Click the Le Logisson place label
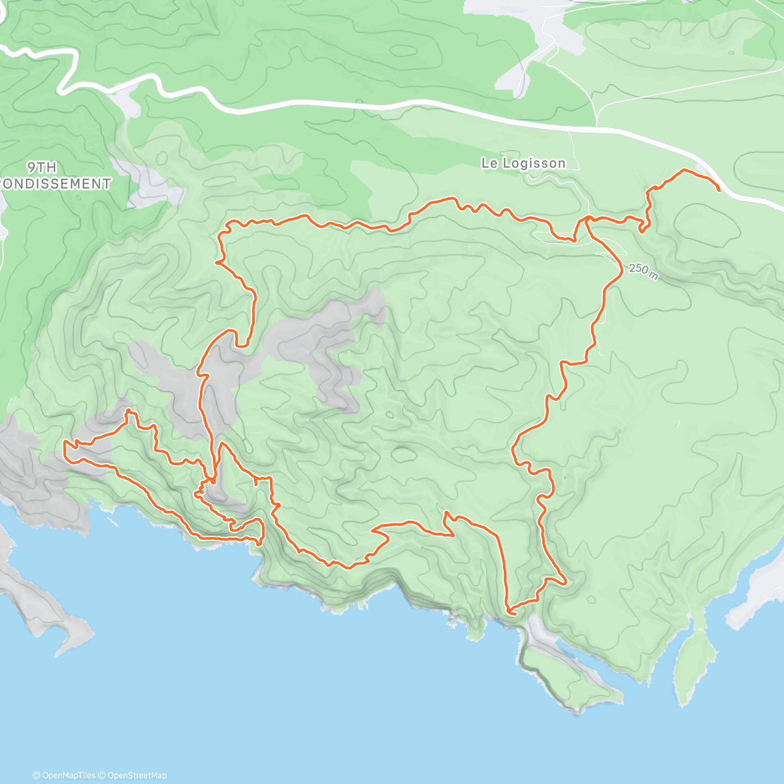click(523, 163)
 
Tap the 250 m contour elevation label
click(644, 271)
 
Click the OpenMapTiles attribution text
click(69, 776)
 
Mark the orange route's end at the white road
click(719, 190)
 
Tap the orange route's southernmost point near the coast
click(510, 613)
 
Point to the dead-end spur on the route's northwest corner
click(217, 263)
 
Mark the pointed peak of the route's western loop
click(128, 411)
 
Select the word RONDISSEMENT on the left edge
click(56, 184)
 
